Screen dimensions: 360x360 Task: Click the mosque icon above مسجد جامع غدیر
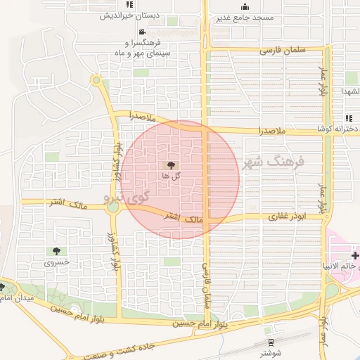pyautogui.click(x=245, y=7)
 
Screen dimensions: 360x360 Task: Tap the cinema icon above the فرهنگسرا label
pyautogui.click(x=142, y=32)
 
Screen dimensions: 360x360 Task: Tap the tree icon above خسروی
pyautogui.click(x=54, y=251)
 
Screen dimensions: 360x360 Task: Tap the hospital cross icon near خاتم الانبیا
pyautogui.click(x=356, y=254)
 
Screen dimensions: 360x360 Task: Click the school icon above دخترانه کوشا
pyautogui.click(x=348, y=118)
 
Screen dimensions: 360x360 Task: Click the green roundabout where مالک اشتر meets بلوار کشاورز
pyautogui.click(x=112, y=207)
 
